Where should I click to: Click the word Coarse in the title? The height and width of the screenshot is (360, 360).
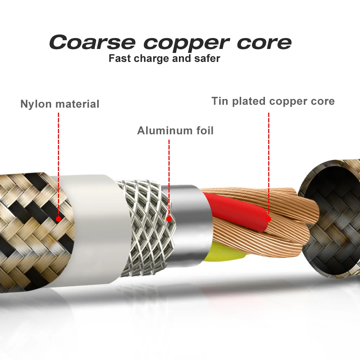point(92,42)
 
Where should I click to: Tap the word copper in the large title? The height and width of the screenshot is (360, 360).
point(185,43)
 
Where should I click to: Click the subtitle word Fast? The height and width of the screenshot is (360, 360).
point(120,58)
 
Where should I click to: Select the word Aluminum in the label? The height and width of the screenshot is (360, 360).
point(165,130)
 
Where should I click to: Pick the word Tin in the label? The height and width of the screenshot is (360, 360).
point(220,101)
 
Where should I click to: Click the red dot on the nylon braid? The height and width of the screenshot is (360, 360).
point(58,219)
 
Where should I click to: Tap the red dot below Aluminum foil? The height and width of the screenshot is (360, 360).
point(169,219)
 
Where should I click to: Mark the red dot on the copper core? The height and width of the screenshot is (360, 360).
point(269,219)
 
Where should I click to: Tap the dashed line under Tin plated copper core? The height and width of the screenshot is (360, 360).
point(269,162)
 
